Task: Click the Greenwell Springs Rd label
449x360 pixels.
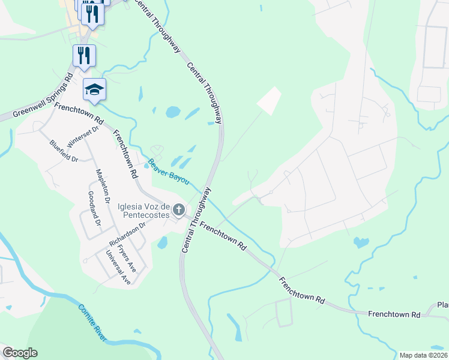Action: [41, 95]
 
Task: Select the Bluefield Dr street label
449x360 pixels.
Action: [64, 151]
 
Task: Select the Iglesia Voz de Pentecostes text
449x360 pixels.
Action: [148, 209]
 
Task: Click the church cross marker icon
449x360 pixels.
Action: [178, 210]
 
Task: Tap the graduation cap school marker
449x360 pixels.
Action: [94, 89]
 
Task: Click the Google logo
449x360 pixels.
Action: [20, 353]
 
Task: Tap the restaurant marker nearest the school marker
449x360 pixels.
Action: [85, 56]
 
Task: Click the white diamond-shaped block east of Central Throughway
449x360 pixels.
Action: [270, 101]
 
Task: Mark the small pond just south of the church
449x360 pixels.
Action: [162, 243]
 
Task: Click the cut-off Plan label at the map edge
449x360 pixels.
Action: [442, 304]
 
